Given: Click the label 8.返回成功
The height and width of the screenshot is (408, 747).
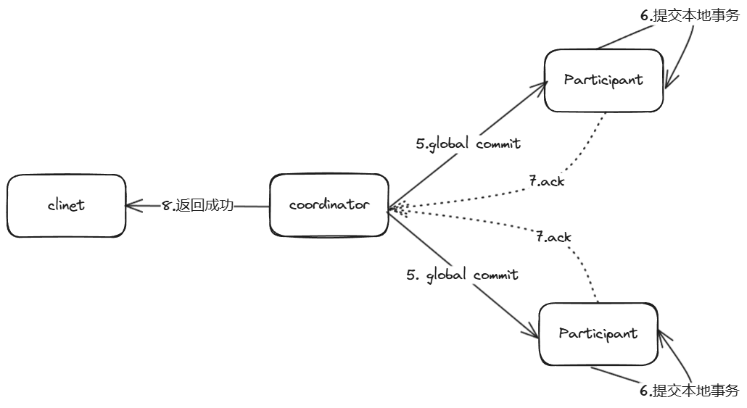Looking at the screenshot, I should pyautogui.click(x=198, y=205).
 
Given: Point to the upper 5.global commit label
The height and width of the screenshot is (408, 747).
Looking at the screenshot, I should pyautogui.click(x=468, y=143).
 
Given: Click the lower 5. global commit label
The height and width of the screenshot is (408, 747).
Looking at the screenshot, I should pyautogui.click(x=462, y=275).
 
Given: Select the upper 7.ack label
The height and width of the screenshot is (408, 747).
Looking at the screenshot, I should pyautogui.click(x=546, y=181).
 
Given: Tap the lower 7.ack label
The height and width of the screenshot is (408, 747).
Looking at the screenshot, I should pyautogui.click(x=553, y=237).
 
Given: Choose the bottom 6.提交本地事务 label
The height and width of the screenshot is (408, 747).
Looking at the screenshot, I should pyautogui.click(x=689, y=390).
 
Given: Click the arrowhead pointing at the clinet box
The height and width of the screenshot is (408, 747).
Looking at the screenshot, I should pyautogui.click(x=131, y=206).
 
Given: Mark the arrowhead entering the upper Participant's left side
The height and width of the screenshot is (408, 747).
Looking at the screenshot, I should pyautogui.click(x=540, y=85).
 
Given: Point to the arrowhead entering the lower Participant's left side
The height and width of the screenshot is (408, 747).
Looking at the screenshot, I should pyautogui.click(x=534, y=335).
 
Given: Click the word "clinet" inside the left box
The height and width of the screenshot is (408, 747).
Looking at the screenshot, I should pyautogui.click(x=66, y=205).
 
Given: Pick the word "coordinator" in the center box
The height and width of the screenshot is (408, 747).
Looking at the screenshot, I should pyautogui.click(x=329, y=205).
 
